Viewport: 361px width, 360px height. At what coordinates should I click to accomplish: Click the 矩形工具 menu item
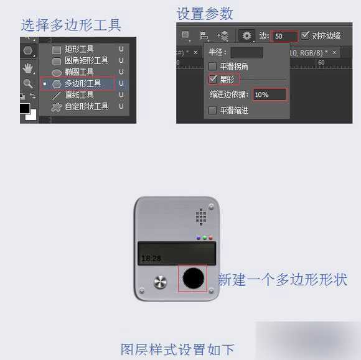79,49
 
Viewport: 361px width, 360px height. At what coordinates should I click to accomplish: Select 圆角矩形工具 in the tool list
86,60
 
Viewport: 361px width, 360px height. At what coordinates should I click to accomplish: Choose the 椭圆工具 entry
79,72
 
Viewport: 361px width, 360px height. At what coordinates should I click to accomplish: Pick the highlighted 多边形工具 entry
82,83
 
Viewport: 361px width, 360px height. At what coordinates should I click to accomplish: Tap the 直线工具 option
79,95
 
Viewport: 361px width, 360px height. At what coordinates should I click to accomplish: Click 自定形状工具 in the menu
86,106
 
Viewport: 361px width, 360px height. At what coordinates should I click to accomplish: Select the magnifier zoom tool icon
28,83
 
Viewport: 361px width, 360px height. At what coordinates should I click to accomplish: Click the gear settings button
247,36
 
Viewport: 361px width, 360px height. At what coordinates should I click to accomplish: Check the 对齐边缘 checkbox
305,36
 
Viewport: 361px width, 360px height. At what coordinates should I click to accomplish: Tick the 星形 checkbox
213,80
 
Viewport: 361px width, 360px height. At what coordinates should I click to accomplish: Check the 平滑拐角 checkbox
213,66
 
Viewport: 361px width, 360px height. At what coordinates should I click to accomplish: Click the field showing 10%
270,95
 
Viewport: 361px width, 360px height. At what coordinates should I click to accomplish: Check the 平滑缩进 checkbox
213,110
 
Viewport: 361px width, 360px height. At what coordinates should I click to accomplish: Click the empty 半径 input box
246,53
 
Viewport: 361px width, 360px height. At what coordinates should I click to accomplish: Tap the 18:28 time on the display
151,257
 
